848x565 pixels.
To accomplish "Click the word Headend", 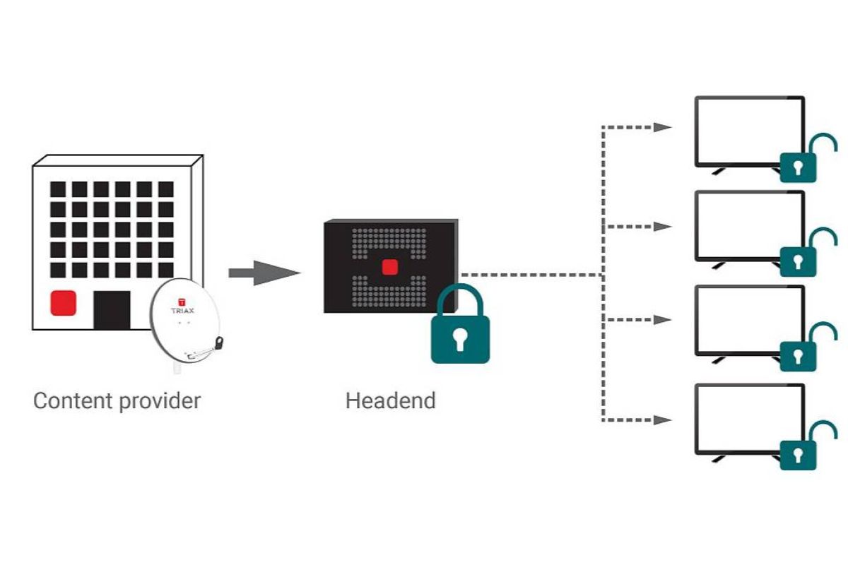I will [390, 401].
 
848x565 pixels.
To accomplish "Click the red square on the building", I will [63, 303].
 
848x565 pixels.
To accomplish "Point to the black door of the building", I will [112, 309].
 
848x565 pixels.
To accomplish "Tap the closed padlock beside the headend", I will [460, 328].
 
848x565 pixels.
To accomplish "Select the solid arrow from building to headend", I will [264, 273].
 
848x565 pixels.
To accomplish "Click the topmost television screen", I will [750, 131].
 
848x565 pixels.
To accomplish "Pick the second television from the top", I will [750, 226].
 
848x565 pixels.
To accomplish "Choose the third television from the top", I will [750, 320].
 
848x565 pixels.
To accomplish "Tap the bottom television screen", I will [750, 420].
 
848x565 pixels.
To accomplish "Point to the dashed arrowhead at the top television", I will [662, 127].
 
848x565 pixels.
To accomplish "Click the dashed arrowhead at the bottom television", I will [662, 420].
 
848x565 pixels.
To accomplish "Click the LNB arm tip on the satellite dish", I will [219, 345].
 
